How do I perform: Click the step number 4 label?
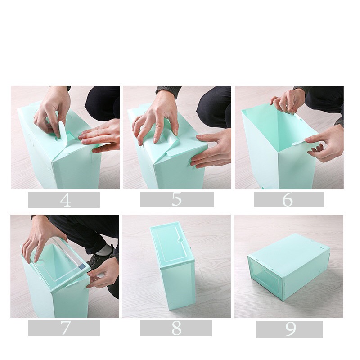[x=65, y=200]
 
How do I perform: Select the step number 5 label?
[x=176, y=199]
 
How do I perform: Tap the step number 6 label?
[x=288, y=199]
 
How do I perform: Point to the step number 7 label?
[x=65, y=328]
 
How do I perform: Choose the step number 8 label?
[x=176, y=328]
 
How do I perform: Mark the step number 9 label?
[x=291, y=329]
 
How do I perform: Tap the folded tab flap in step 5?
[x=171, y=140]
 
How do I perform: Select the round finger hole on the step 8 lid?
[x=181, y=240]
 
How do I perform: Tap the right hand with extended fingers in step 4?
[x=101, y=136]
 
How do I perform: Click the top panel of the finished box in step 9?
[x=290, y=253]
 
